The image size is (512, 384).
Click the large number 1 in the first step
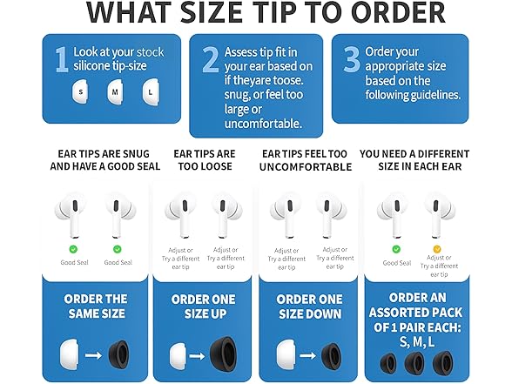click(61, 59)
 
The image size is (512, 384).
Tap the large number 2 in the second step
click(209, 59)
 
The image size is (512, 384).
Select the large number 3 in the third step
click(351, 59)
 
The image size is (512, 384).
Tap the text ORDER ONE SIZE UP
click(205, 307)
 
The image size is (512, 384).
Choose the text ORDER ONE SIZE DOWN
click(309, 307)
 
